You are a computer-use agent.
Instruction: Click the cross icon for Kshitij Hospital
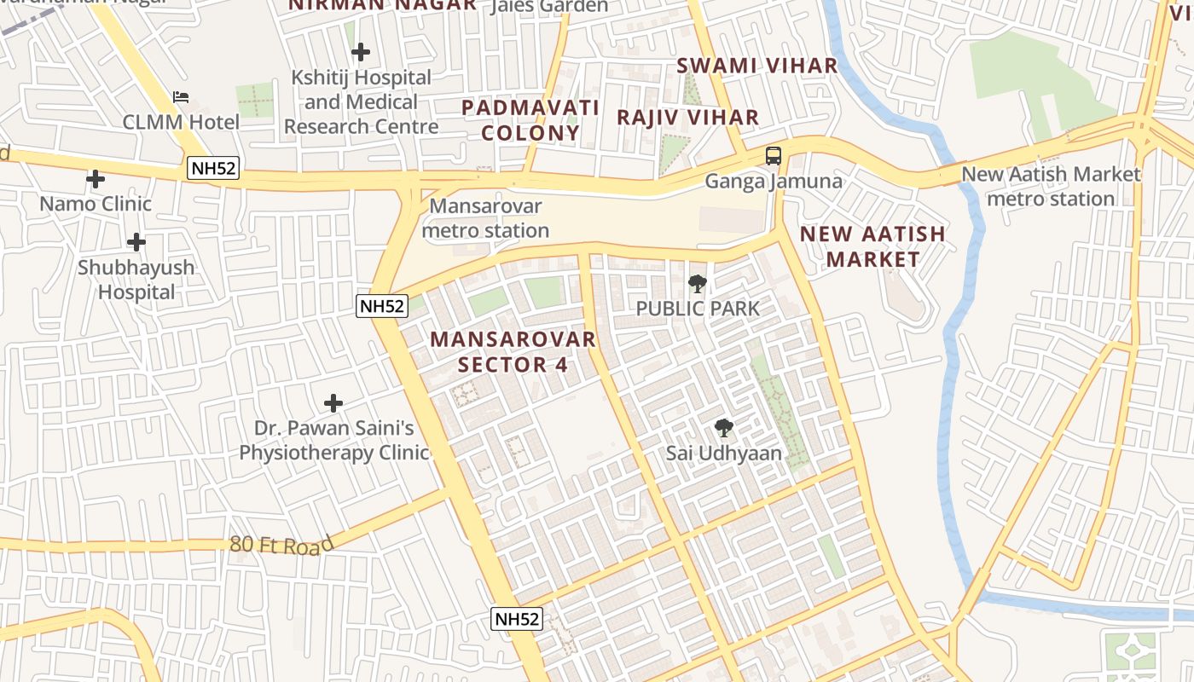[x=361, y=52]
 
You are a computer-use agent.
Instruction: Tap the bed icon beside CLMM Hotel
[x=181, y=97]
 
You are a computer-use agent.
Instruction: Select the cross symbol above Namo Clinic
[x=96, y=179]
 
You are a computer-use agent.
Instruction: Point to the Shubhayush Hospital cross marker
[x=136, y=242]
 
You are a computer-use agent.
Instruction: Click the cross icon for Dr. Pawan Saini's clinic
[x=333, y=402]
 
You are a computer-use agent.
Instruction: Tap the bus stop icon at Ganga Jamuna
[x=773, y=156]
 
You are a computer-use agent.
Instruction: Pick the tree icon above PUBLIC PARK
[x=698, y=284]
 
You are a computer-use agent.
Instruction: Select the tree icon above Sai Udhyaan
[x=724, y=428]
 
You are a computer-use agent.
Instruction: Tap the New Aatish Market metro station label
[x=1051, y=186]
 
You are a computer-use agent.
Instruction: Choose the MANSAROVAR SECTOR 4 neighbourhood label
[x=513, y=351]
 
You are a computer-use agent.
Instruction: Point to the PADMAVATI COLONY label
[x=530, y=120]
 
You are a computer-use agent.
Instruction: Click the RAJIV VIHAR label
[x=687, y=117]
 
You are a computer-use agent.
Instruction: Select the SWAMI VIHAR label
[x=757, y=66]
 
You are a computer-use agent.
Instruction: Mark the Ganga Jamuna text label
[x=773, y=182]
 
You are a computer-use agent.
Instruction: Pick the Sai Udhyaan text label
[x=724, y=454]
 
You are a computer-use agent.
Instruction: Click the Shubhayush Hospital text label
[x=136, y=280]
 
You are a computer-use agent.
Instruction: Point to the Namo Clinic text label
[x=96, y=204]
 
